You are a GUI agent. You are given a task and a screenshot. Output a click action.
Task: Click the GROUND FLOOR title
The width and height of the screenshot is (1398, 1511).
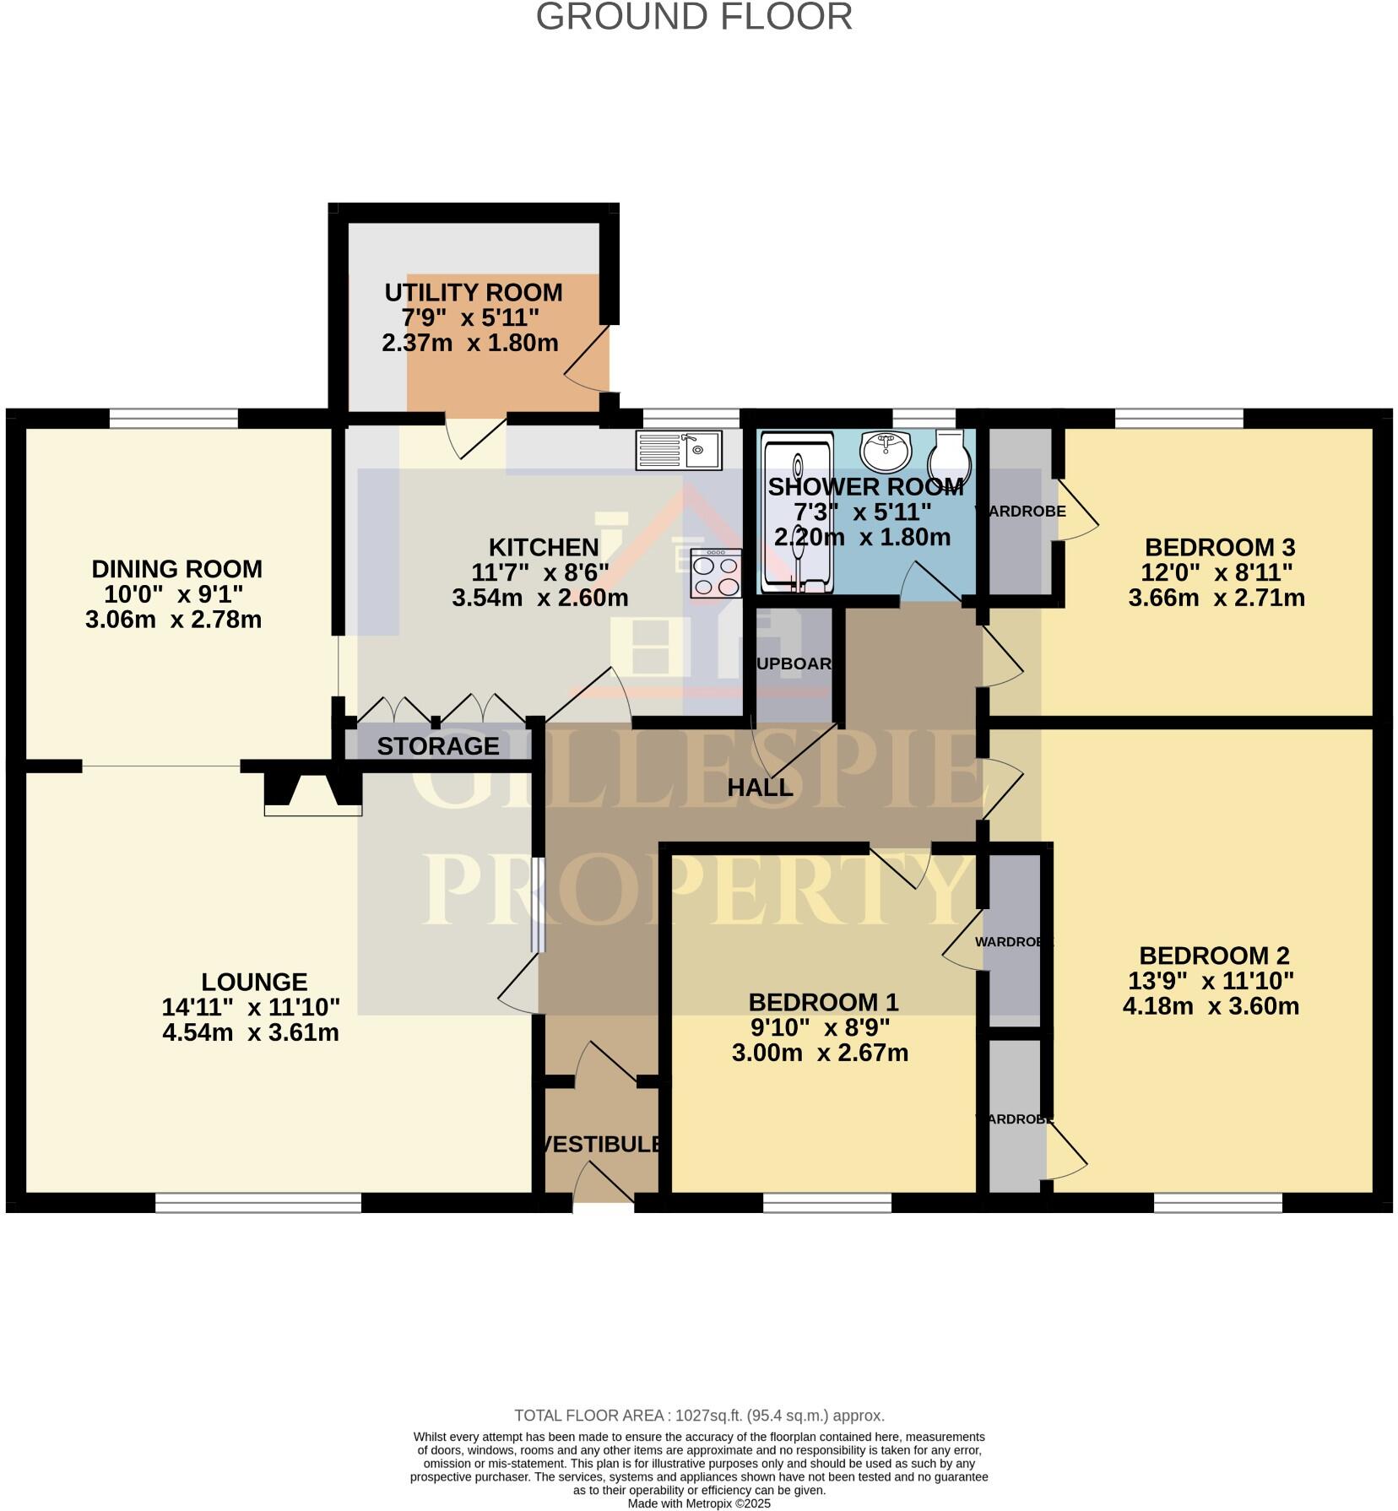pyautogui.click(x=694, y=18)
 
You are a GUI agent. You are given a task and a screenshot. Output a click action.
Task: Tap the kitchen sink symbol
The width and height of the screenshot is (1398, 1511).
pyautogui.click(x=679, y=450)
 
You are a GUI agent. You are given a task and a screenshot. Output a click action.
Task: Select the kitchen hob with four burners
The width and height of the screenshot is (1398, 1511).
pyautogui.click(x=716, y=573)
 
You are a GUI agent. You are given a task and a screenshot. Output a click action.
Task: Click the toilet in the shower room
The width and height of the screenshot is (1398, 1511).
pyautogui.click(x=950, y=456)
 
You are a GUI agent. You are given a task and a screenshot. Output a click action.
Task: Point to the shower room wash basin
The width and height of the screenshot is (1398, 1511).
pyautogui.click(x=885, y=450)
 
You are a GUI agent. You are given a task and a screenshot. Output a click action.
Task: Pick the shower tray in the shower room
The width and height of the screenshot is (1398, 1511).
pyautogui.click(x=797, y=512)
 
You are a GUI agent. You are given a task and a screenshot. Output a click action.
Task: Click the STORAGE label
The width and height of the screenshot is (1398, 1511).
pyautogui.click(x=437, y=746)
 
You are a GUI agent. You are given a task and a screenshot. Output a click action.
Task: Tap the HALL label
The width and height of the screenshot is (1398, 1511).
pyautogui.click(x=760, y=788)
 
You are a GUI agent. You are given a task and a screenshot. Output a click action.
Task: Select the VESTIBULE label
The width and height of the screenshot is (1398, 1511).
pyautogui.click(x=601, y=1144)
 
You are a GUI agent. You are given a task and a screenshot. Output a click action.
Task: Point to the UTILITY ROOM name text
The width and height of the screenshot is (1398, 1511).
pyautogui.click(x=473, y=293)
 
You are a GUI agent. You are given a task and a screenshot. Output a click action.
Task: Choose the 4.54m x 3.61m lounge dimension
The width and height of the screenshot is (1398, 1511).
pyautogui.click(x=251, y=1032)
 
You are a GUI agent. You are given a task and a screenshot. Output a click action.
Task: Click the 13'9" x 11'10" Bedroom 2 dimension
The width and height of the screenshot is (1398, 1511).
pyautogui.click(x=1211, y=981)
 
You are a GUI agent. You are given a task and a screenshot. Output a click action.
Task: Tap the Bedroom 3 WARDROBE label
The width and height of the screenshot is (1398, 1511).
pyautogui.click(x=1020, y=512)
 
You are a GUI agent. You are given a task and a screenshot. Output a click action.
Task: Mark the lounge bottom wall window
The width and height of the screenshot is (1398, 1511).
pyautogui.click(x=258, y=1202)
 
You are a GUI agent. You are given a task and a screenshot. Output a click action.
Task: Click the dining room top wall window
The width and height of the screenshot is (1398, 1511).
pyautogui.click(x=173, y=418)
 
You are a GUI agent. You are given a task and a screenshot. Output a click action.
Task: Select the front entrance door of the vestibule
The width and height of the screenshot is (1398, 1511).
pyautogui.click(x=603, y=1186)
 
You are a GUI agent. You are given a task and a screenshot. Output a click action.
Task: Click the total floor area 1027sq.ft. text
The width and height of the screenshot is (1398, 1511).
pyautogui.click(x=699, y=1416)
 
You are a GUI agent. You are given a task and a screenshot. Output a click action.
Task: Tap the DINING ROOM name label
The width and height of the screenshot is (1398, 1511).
pyautogui.click(x=176, y=569)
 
